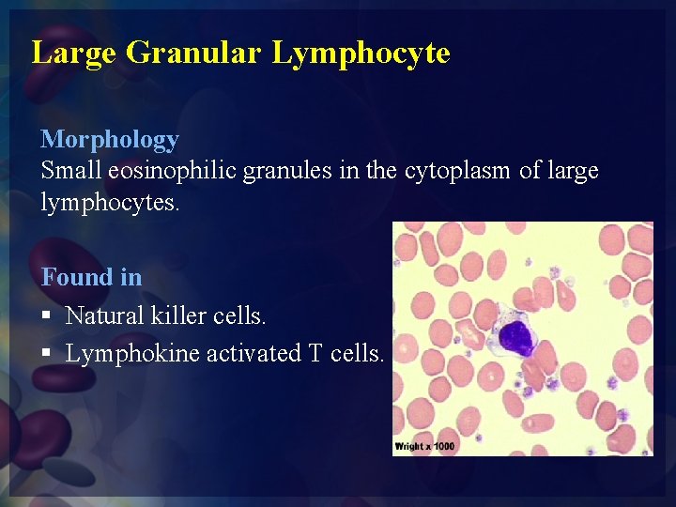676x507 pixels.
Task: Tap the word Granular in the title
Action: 192,53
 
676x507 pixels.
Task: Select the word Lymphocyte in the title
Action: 361,53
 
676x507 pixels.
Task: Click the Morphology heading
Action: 109,140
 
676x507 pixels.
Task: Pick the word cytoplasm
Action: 459,172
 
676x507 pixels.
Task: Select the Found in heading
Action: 91,277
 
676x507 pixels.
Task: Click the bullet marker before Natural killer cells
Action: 46,316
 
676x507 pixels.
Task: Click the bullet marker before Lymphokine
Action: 46,354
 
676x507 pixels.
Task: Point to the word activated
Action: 251,354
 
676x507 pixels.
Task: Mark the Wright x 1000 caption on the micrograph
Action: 424,446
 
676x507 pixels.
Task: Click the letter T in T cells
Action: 315,354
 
